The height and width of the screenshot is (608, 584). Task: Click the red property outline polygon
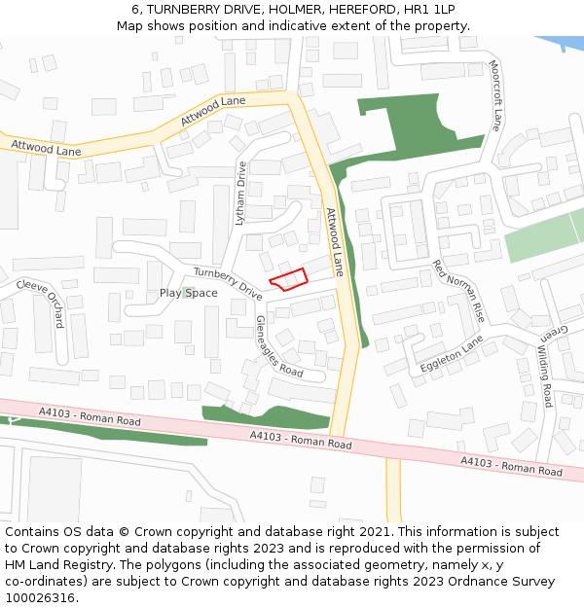tap(287, 280)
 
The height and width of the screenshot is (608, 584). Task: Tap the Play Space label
tap(188, 293)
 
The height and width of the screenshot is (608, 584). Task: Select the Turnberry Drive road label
tap(228, 283)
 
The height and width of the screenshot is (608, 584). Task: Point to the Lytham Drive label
tap(241, 194)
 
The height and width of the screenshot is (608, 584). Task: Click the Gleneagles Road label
tap(279, 346)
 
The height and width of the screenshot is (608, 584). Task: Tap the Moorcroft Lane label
tap(495, 95)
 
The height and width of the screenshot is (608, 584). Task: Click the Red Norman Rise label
tap(458, 292)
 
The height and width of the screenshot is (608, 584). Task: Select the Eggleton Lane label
tap(452, 355)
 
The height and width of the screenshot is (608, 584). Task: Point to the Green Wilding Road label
tap(546, 368)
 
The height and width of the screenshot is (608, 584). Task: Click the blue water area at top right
tap(564, 44)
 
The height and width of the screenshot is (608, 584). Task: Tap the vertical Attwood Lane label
tap(335, 241)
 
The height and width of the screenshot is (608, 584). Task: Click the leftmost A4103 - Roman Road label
tap(90, 417)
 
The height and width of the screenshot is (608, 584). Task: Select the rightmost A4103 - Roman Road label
tap(511, 466)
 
